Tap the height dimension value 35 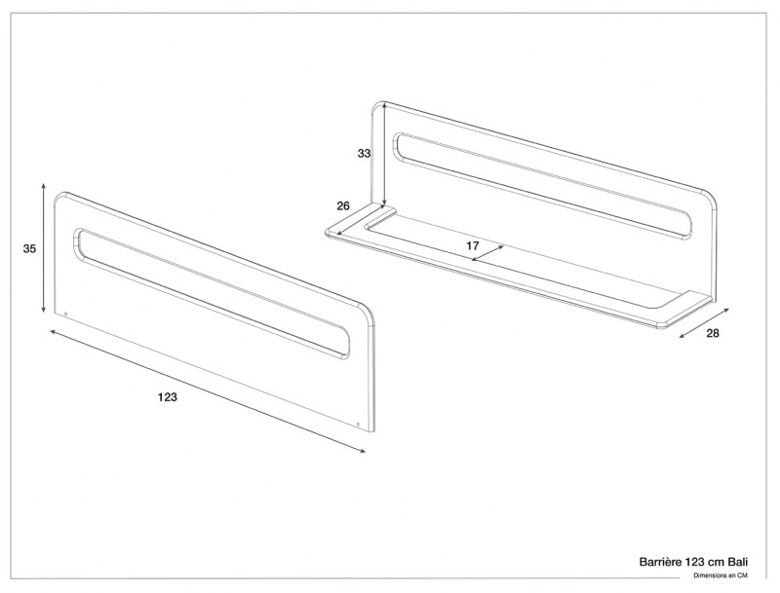30,249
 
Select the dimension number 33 364,154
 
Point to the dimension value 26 342,205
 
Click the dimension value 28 712,334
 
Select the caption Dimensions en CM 721,575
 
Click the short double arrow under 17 487,252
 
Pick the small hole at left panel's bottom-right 359,425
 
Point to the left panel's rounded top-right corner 369,314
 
